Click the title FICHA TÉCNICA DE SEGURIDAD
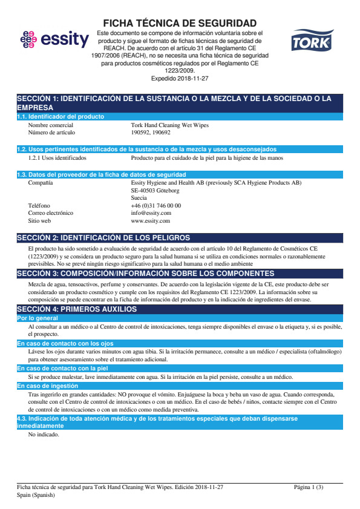[x=180, y=22]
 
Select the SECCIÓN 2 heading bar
[x=180, y=238]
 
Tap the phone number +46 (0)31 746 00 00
[x=155, y=206]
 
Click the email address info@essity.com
[x=151, y=213]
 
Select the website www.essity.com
[x=151, y=221]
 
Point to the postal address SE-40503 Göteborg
[x=155, y=190]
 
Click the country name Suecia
[x=139, y=198]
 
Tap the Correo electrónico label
[x=51, y=213]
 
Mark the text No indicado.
[x=44, y=434]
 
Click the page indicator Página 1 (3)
[x=309, y=487]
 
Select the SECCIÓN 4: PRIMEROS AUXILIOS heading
[x=77, y=309]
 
